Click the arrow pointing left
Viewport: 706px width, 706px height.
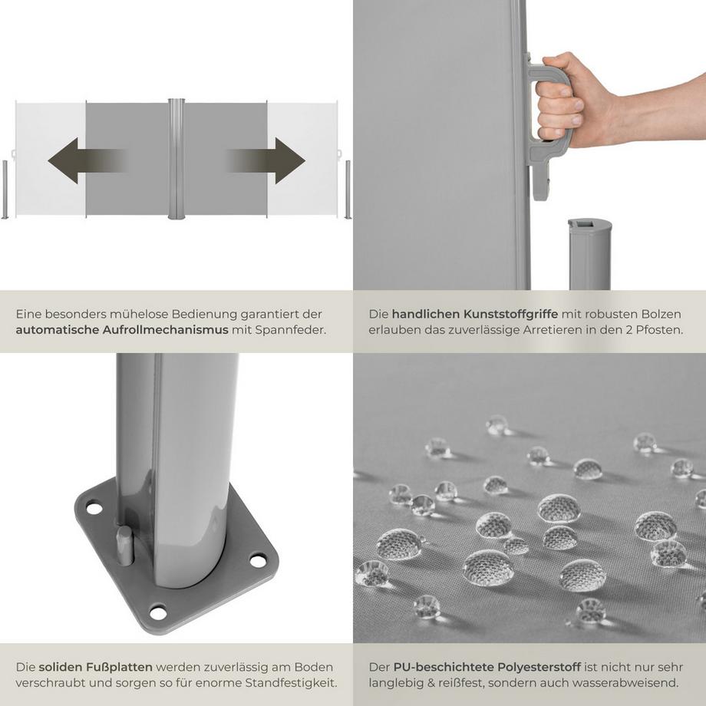[x=81, y=160]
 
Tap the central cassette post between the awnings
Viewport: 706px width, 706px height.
[x=176, y=159]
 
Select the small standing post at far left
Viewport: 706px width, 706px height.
[x=5, y=190]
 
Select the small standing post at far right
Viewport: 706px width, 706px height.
[x=348, y=190]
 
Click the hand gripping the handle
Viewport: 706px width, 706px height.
[x=568, y=100]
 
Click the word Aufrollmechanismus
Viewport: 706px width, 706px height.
[x=166, y=330]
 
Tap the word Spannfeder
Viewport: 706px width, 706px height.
[x=295, y=330]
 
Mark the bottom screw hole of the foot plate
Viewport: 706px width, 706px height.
[x=157, y=612]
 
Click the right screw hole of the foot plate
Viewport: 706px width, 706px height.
[x=258, y=561]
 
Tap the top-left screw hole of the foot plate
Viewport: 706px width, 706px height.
[x=94, y=508]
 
